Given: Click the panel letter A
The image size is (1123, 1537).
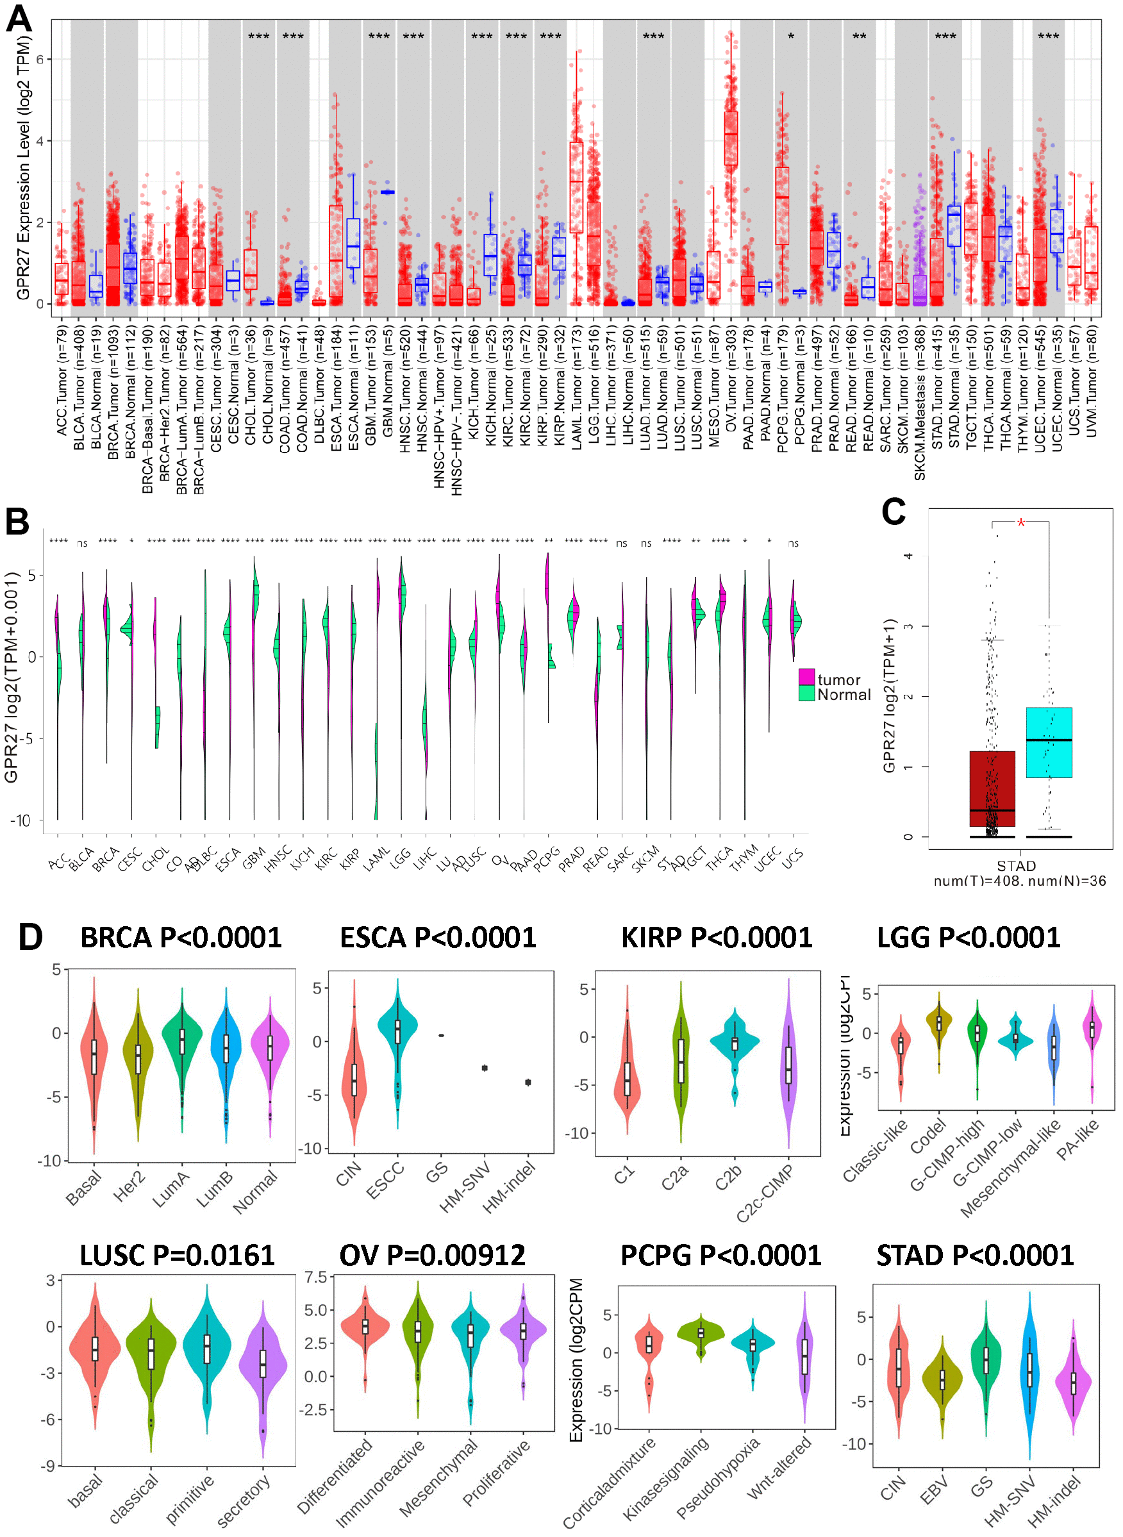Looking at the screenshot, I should (x=19, y=19).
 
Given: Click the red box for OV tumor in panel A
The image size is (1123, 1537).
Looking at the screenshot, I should (x=731, y=138).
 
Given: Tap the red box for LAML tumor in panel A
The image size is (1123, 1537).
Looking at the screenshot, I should (x=576, y=187).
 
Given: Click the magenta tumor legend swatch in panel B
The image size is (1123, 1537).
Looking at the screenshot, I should (x=806, y=677).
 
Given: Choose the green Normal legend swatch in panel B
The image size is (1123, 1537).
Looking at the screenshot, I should (x=806, y=694).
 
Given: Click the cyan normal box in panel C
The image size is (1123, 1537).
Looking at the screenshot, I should (x=1049, y=742).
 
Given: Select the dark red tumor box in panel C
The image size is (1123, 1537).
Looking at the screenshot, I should (x=992, y=788).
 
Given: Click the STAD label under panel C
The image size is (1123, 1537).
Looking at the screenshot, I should (x=1016, y=866).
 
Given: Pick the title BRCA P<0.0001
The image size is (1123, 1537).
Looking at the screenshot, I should (x=181, y=938).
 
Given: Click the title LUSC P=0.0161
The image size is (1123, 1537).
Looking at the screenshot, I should (x=177, y=1256).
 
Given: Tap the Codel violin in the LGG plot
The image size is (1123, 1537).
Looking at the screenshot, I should (x=939, y=1024).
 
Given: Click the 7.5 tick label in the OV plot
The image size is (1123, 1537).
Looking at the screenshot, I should (x=316, y=1277).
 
